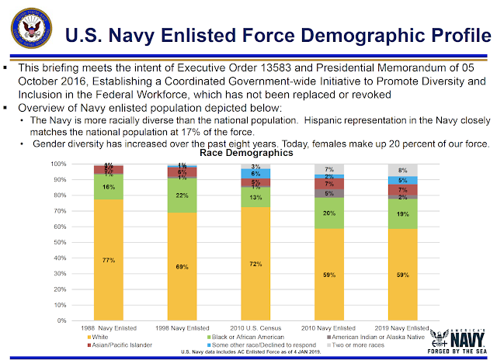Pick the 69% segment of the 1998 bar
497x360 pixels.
click(x=180, y=266)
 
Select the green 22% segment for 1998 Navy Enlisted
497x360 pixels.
click(x=180, y=195)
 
